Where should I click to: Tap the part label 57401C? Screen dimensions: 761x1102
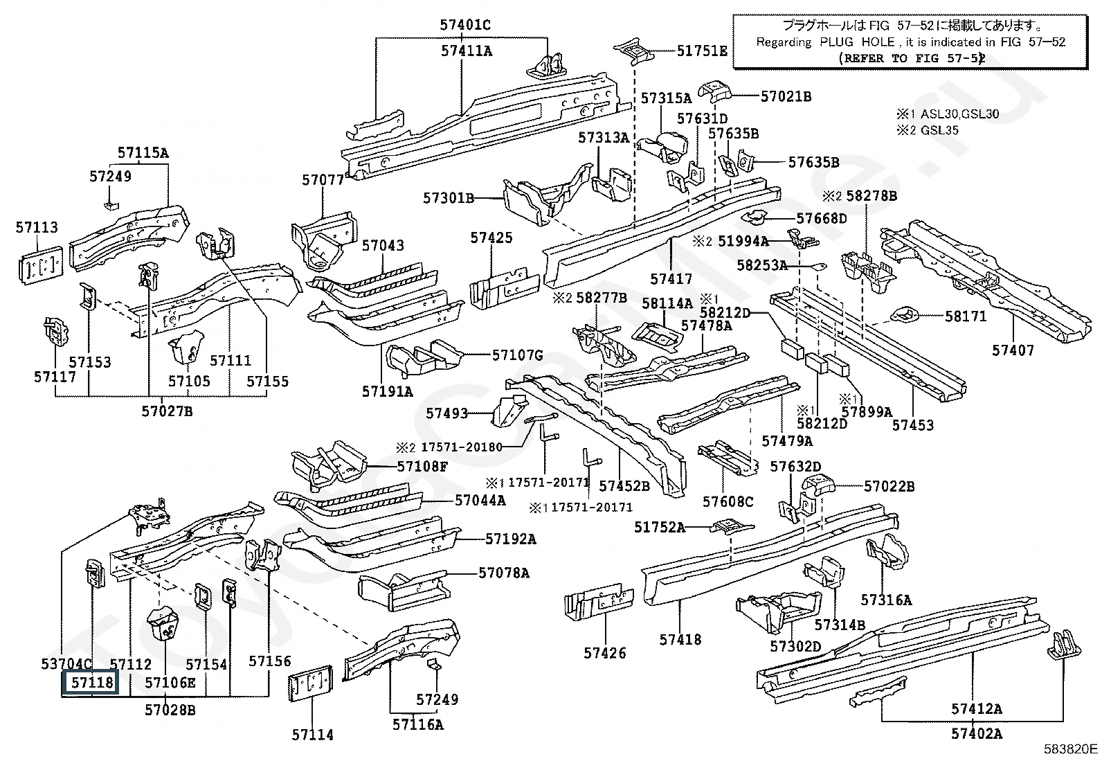pos(464,25)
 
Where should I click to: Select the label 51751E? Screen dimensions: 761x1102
pos(701,51)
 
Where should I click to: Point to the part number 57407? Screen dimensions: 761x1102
pos(1012,350)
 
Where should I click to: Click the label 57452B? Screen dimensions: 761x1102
pos(624,486)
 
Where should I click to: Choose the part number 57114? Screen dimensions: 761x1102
pos(312,734)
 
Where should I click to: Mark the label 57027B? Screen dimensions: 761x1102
pos(167,411)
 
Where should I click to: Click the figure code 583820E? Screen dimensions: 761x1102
pos(1071,749)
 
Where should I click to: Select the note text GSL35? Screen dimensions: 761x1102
pos(939,130)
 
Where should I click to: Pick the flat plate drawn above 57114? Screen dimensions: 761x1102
pos(311,688)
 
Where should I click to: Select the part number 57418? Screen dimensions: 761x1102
pos(680,639)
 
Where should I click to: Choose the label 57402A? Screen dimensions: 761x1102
pos(976,733)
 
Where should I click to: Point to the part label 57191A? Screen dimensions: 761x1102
pos(387,391)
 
